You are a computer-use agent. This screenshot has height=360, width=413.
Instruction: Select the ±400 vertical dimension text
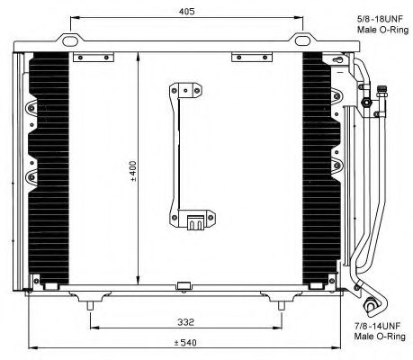[132, 170]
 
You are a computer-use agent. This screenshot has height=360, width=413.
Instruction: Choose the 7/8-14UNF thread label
[375, 326]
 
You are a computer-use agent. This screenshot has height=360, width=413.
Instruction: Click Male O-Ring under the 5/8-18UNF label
[375, 30]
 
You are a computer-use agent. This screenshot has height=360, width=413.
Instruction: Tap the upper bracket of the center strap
[184, 90]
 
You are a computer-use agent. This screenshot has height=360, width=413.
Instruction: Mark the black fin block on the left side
[49, 166]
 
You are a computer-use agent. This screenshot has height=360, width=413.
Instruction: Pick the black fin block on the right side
[317, 166]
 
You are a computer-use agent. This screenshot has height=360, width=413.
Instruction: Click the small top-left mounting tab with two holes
[88, 58]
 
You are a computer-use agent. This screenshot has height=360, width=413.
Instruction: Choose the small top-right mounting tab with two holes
[246, 58]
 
